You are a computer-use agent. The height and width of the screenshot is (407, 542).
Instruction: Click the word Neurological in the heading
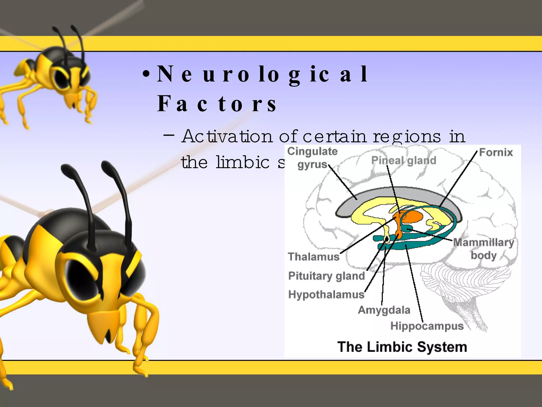tap(262, 74)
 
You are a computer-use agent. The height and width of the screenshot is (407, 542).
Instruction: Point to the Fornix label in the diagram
tap(496, 152)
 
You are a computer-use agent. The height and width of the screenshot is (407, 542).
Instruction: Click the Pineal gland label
tap(404, 160)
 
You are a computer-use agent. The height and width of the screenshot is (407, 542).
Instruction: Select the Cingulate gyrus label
tap(312, 158)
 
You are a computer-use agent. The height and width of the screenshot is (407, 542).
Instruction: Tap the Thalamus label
tap(314, 256)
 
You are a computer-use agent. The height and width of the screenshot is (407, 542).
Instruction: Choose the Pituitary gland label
tap(327, 276)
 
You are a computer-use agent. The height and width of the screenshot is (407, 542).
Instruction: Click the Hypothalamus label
tap(326, 294)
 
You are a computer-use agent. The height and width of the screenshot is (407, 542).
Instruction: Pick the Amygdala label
tap(384, 310)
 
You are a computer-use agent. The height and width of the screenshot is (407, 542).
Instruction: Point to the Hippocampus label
tap(427, 326)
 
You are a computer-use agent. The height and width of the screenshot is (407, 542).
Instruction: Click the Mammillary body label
tap(484, 249)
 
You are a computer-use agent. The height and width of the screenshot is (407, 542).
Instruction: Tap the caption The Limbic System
tap(402, 347)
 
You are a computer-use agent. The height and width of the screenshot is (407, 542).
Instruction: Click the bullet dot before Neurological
tap(146, 74)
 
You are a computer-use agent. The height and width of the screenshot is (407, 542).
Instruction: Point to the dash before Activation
tap(169, 135)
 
